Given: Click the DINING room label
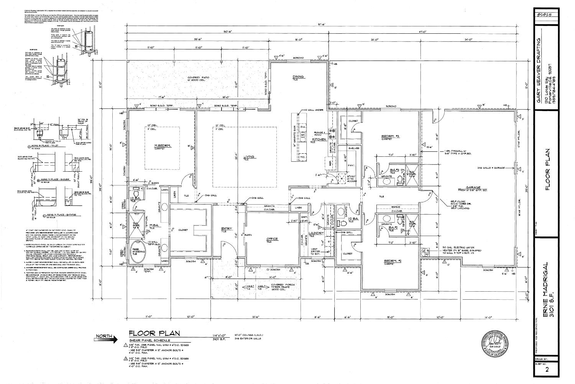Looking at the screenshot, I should pyautogui.click(x=298, y=77).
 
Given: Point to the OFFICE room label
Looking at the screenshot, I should pyautogui.click(x=272, y=239).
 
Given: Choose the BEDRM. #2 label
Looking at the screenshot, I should pyautogui.click(x=393, y=261).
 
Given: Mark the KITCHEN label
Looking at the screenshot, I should pyautogui.click(x=319, y=139).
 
